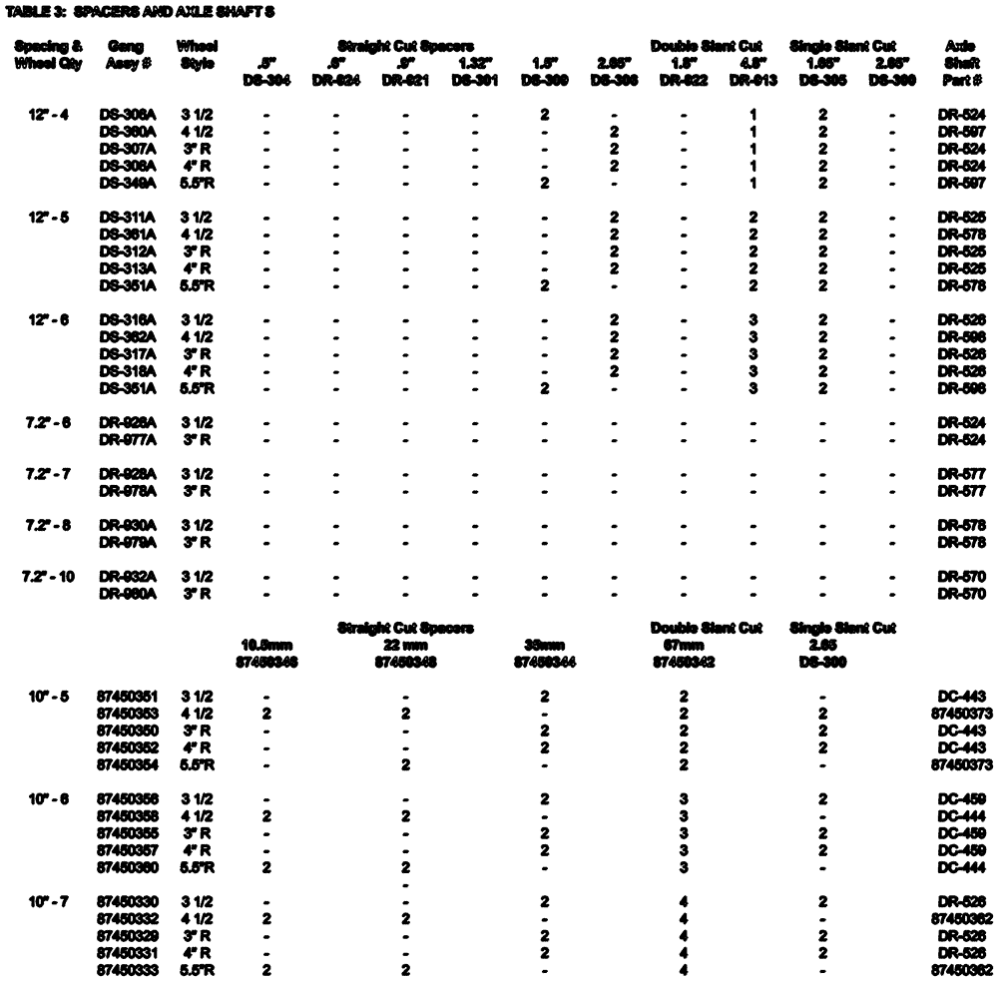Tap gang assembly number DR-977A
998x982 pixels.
pos(123,439)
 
